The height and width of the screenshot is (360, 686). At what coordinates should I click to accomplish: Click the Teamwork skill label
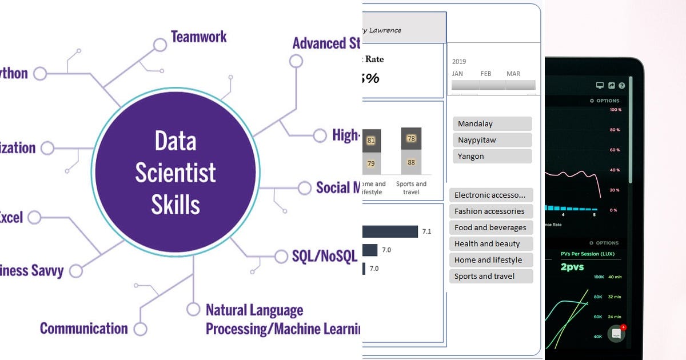coord(198,37)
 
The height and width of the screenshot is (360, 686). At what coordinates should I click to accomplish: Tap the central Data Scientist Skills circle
coord(176,172)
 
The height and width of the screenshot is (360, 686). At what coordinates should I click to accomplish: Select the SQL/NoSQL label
coord(324,256)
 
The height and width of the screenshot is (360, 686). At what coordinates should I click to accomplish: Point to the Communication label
coord(83,329)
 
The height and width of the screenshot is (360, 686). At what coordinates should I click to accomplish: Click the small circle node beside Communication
coord(140,329)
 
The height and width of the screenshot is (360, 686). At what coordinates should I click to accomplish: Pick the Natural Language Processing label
coord(254,311)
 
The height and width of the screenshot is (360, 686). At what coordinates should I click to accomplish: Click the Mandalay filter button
coord(492,124)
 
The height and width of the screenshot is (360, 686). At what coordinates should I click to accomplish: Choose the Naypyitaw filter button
coord(492,140)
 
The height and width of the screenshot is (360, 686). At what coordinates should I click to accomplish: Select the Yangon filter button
coord(492,156)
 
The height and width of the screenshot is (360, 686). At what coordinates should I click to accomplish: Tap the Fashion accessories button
coord(490,211)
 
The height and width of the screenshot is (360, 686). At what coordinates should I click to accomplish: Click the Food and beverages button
coord(490,227)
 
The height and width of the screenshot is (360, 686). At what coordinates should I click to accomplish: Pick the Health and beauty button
coord(490,244)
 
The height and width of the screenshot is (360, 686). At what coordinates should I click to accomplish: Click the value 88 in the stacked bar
coord(411,163)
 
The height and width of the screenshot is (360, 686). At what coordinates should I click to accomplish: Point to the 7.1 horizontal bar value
coord(426,231)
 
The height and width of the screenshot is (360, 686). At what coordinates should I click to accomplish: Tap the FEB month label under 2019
coord(486,74)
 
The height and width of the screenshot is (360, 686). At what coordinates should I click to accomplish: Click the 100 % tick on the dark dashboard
coord(615,110)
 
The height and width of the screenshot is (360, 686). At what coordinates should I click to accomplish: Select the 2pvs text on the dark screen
coord(572,267)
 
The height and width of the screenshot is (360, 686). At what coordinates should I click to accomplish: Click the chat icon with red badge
coord(616,334)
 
